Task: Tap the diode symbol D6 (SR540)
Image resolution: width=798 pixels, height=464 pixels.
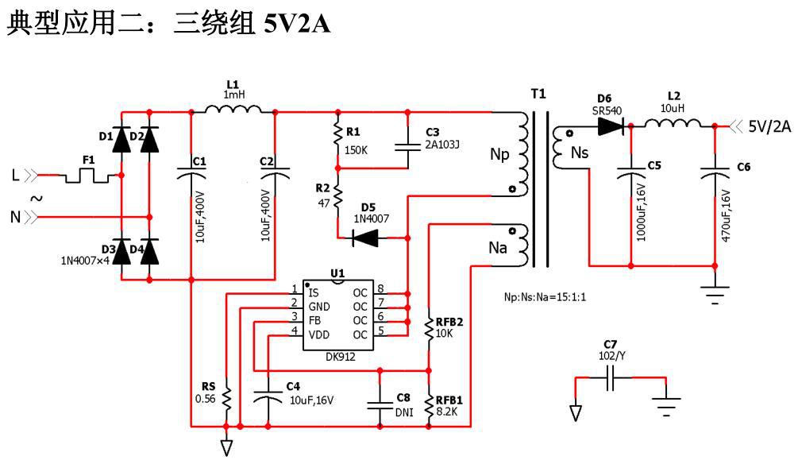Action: [613, 125]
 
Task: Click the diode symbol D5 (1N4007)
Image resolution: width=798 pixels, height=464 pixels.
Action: [367, 237]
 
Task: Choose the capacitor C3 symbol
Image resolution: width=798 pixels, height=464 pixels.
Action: [407, 145]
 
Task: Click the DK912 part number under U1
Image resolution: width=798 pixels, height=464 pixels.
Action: [340, 357]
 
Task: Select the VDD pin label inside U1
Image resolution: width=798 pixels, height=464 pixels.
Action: [319, 334]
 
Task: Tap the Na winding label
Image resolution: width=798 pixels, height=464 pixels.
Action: [498, 247]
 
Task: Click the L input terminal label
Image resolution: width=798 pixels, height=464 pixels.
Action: [15, 174]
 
